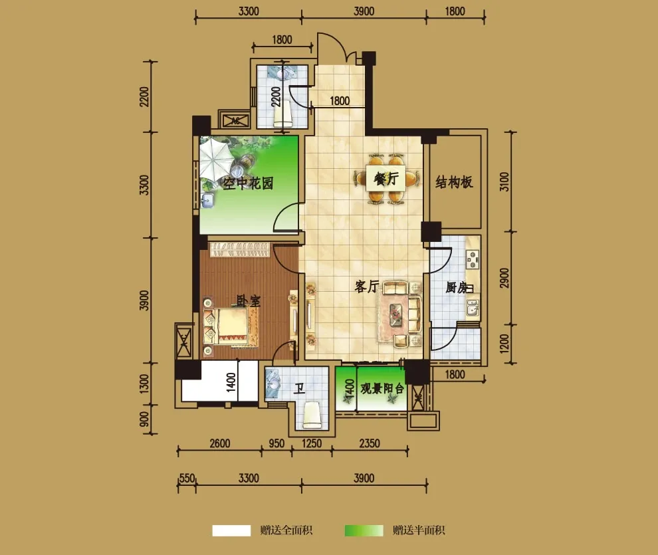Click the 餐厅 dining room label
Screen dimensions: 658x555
tap(386, 179)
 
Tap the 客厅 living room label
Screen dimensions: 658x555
tap(367, 286)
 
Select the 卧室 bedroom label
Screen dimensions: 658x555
tap(249, 301)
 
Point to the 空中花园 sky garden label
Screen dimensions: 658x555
tap(248, 183)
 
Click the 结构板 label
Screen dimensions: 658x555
tap(454, 182)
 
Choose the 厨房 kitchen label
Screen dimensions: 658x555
tap(457, 287)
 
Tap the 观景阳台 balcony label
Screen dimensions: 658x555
tap(382, 388)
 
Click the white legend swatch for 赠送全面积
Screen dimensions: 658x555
tap(231, 530)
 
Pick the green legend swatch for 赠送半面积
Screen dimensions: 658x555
tap(364, 530)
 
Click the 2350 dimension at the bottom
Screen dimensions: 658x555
tap(370, 443)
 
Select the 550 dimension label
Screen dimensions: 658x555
tap(187, 479)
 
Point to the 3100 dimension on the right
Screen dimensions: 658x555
tap(505, 181)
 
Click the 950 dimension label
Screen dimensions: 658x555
tap(276, 443)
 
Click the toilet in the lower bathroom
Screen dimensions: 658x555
tap(312, 415)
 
